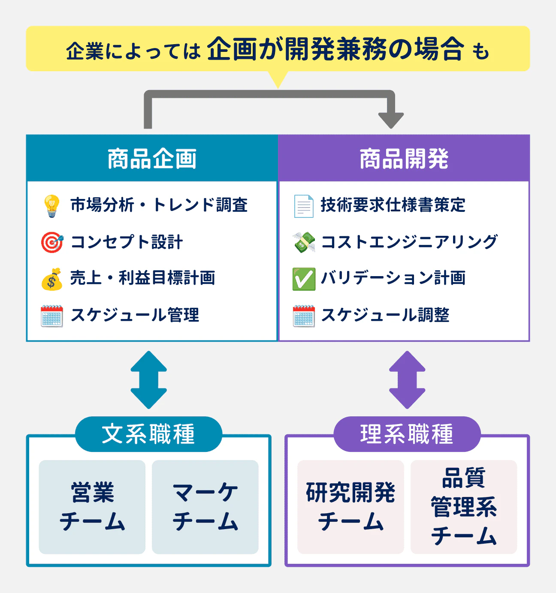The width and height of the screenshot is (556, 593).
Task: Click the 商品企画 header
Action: (x=152, y=159)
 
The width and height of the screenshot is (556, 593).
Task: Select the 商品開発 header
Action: (x=404, y=159)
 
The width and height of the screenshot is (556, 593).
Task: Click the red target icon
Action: (x=52, y=242)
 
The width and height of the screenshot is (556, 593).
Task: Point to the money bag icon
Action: (x=52, y=279)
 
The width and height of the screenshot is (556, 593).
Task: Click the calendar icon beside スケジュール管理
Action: (x=52, y=316)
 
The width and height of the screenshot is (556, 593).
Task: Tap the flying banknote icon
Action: (x=304, y=242)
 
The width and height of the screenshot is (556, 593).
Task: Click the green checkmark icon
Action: (x=304, y=279)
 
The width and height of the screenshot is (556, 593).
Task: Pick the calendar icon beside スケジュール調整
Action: (x=304, y=316)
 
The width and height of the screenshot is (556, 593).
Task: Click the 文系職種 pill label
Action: (x=148, y=434)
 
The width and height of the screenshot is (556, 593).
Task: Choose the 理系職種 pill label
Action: (x=407, y=434)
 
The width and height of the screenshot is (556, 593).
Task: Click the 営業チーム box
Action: (x=92, y=507)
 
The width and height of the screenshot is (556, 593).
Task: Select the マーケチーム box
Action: (x=205, y=507)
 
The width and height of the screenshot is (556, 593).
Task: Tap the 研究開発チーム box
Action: (x=351, y=507)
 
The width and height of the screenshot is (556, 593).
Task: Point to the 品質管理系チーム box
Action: (x=464, y=507)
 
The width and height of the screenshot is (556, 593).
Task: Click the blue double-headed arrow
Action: (x=148, y=379)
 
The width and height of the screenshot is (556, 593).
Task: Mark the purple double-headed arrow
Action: (x=407, y=379)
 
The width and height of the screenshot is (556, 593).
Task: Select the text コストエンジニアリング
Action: (x=409, y=242)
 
